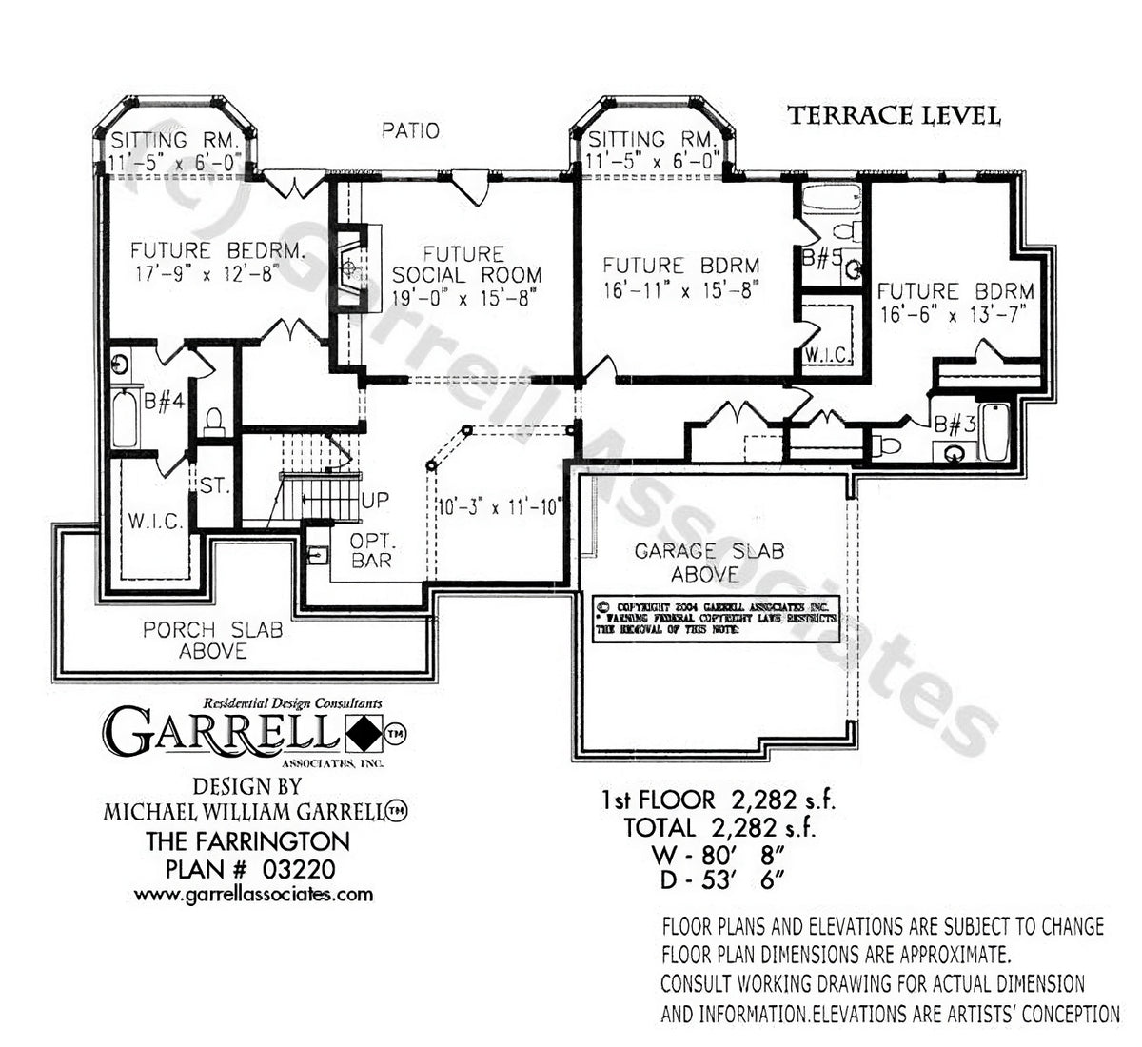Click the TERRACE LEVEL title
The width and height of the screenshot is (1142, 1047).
click(894, 116)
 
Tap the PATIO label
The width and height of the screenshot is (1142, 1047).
click(411, 130)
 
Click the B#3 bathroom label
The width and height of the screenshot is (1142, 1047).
click(954, 425)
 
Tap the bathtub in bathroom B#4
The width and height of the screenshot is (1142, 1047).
click(125, 418)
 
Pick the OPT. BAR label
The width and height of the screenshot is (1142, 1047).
click(371, 550)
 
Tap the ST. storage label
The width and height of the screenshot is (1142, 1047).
click(215, 485)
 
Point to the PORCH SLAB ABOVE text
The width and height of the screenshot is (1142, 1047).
click(212, 641)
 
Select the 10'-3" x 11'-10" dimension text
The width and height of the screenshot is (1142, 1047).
click(500, 505)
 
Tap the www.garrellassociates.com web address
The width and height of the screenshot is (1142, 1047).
click(253, 894)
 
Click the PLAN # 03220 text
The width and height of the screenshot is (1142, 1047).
click(250, 867)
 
